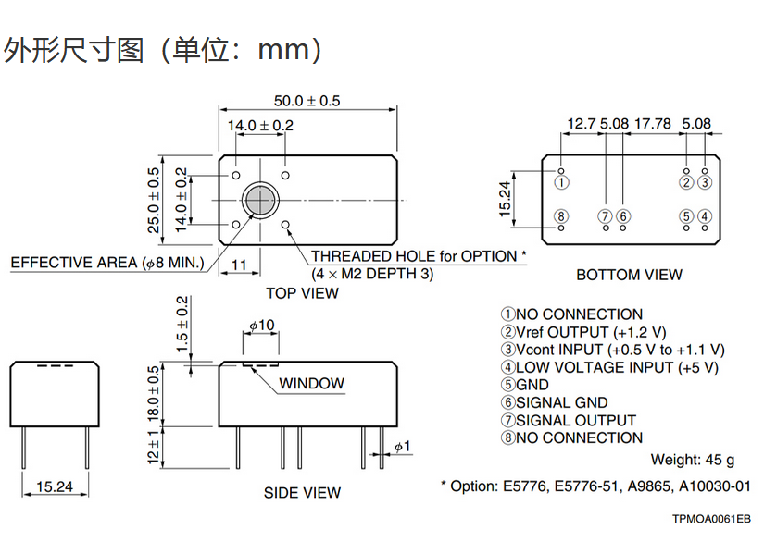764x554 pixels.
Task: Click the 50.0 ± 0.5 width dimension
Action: pos(307,100)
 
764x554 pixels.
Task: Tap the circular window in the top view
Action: pos(260,199)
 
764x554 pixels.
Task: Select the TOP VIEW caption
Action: pos(302,293)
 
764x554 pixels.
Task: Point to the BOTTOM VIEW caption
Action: pos(629,275)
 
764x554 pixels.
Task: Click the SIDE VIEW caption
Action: pos(302,493)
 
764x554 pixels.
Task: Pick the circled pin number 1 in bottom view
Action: pos(561,183)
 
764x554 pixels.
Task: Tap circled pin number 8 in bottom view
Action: pos(561,216)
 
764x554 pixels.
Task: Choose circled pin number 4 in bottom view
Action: pos(705,216)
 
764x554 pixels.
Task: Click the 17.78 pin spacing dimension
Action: pos(654,123)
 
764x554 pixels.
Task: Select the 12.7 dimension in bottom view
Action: pos(582,123)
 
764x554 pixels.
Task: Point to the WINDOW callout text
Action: pos(311,383)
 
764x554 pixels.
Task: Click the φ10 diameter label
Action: pos(262,325)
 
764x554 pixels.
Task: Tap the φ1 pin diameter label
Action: pos(401,447)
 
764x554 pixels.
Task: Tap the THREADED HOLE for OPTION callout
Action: pos(419,256)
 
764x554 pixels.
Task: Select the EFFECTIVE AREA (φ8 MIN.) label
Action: pos(107,264)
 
